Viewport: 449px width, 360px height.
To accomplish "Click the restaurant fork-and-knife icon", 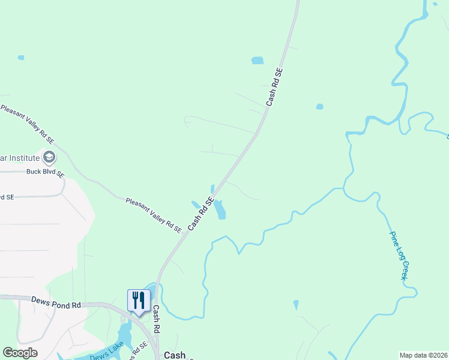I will [x=139, y=299].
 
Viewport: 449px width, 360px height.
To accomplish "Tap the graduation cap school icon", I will [x=49, y=158].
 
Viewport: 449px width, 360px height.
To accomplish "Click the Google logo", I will [x=20, y=353].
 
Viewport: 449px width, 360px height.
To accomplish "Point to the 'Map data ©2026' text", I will [x=423, y=355].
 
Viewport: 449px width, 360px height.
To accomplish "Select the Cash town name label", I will [x=175, y=355].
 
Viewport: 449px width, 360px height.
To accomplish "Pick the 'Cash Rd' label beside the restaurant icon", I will [x=155, y=320].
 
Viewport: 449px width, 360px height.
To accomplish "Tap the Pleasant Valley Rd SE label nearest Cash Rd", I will [x=154, y=215].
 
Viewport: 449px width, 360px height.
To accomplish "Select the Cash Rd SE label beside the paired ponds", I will [x=201, y=214].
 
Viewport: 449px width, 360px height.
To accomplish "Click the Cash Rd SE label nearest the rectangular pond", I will [x=274, y=87].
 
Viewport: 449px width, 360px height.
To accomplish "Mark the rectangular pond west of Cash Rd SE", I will [x=257, y=60].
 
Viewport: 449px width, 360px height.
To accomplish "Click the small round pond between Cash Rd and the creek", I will [x=319, y=107].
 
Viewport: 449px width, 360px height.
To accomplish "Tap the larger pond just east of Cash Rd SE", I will [x=220, y=209].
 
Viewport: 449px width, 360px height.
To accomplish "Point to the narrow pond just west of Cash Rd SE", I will [x=196, y=204].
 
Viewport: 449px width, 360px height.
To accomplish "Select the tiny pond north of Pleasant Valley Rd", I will [x=21, y=58].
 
